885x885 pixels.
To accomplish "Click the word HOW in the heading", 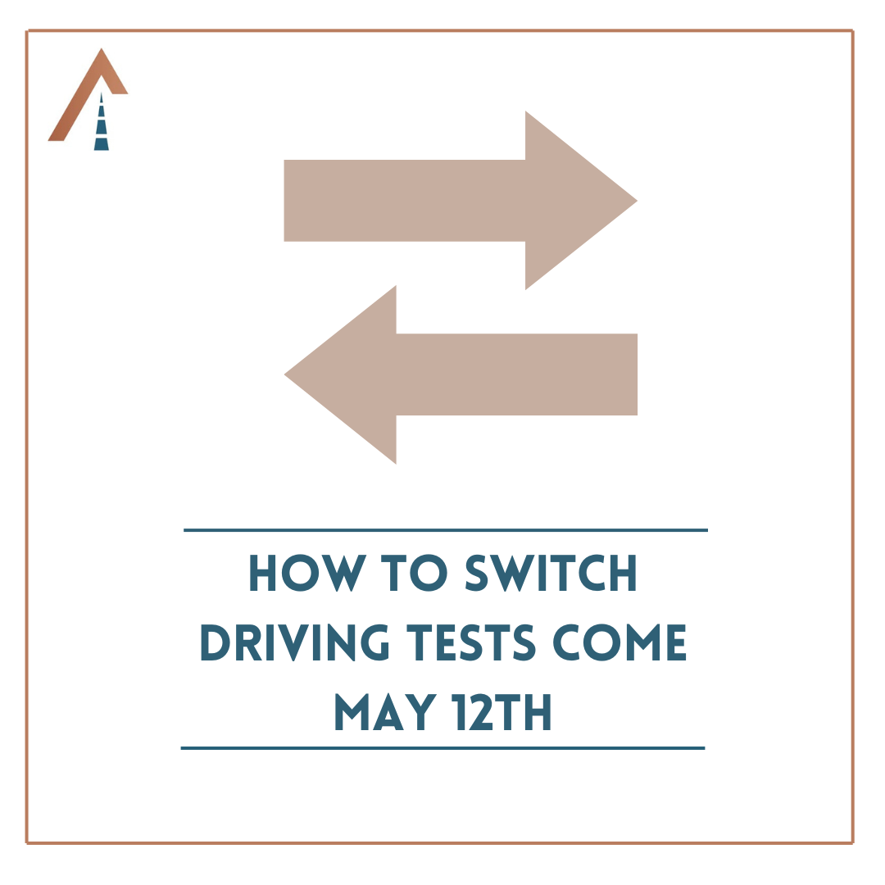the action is (308, 573).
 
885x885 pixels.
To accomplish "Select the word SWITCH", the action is (551, 573).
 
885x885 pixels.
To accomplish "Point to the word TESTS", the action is (470, 642).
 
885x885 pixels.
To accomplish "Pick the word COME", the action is (619, 642).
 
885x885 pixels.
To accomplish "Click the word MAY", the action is (386, 712).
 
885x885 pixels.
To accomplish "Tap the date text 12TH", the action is (501, 712).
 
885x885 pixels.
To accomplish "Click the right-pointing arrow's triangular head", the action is (570, 201).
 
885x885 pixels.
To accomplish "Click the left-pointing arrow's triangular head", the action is (351, 374).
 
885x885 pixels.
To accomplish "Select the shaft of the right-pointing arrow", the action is (405, 201).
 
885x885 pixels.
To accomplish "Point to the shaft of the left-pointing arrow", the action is (517, 374).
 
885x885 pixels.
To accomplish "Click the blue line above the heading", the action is (446, 530).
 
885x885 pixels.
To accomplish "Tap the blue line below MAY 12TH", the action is (443, 748).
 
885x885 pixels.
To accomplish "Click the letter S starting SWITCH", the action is (476, 573).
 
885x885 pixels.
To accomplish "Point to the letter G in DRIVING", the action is (374, 642).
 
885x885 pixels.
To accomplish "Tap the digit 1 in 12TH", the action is (459, 712).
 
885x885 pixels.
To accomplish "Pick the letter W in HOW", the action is (344, 573).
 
